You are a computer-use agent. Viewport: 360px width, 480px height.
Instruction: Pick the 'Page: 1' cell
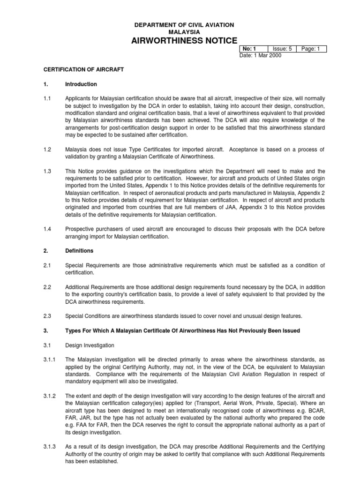tap(310, 49)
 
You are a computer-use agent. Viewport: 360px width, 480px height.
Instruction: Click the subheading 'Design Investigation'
tap(90, 345)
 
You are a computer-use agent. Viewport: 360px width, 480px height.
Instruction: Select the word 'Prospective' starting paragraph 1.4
tap(80, 229)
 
